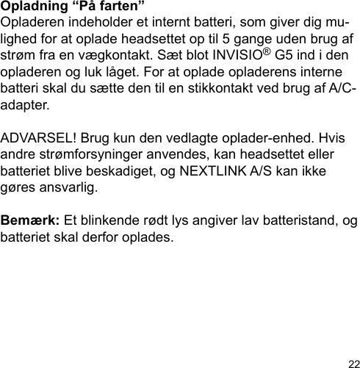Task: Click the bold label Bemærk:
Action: [31, 220]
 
